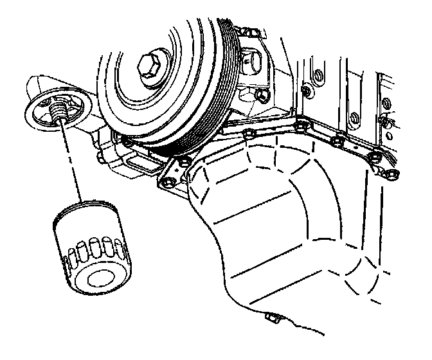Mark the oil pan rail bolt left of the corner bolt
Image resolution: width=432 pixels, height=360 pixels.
tap(249, 134)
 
